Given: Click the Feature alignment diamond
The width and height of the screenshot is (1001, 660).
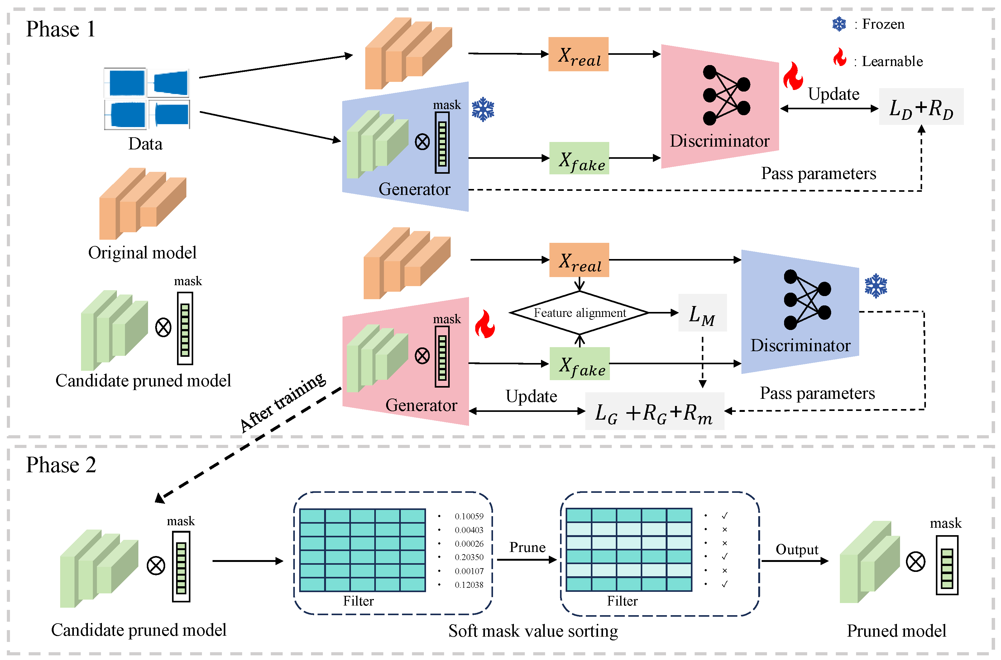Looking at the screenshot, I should click(x=579, y=313).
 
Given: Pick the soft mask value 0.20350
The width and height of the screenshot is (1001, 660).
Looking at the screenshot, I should click(x=469, y=557).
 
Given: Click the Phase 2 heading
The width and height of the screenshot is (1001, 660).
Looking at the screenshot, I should click(x=61, y=465).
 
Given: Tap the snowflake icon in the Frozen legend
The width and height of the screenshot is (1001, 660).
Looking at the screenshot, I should click(x=839, y=24).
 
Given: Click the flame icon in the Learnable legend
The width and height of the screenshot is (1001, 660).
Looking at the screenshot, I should click(x=840, y=58).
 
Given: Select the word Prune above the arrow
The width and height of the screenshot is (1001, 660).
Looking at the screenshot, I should click(x=527, y=547).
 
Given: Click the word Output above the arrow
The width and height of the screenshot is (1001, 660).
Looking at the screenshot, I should click(x=797, y=549).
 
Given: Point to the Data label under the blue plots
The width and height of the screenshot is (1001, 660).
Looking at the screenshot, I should click(x=145, y=144).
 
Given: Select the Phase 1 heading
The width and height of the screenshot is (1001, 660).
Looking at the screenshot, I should click(x=61, y=29).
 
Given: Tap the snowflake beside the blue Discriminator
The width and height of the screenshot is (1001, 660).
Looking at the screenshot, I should click(x=876, y=286).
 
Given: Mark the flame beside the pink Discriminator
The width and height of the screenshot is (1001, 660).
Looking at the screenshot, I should click(x=793, y=76).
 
